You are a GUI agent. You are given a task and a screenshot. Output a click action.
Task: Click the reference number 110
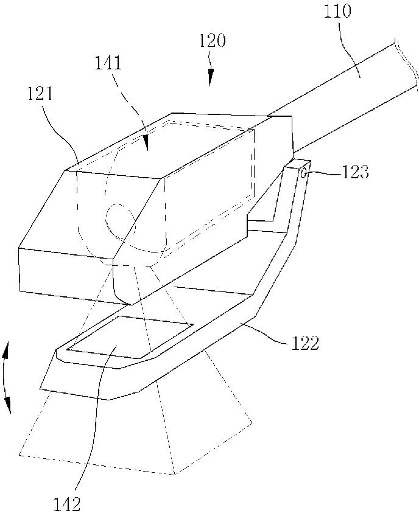(337, 10)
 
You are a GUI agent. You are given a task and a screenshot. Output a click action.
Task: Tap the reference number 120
(212, 41)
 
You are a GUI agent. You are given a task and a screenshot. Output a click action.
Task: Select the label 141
(108, 63)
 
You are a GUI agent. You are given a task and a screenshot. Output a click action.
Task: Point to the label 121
(39, 94)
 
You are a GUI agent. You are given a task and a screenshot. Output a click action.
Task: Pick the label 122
(305, 343)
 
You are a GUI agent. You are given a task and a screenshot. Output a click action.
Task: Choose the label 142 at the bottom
(67, 503)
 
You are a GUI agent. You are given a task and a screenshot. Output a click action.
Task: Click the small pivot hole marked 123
(305, 172)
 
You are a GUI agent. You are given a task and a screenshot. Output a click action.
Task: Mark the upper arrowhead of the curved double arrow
(5, 352)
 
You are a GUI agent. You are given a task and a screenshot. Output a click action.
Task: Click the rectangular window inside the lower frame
(130, 337)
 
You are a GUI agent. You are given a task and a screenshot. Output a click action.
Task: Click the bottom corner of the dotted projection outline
(175, 475)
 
